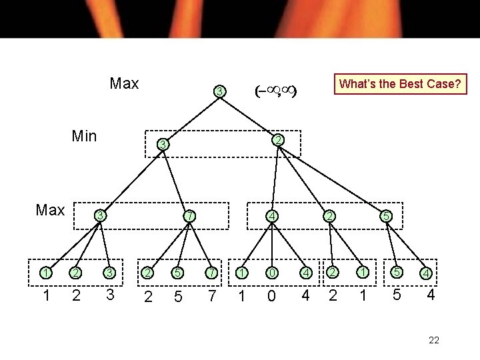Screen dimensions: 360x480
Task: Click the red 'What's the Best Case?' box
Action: point(400,84)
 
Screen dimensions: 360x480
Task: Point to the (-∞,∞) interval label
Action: point(275,90)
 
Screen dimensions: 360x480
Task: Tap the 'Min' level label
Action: point(84,137)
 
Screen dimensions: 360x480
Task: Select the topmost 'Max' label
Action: point(124,83)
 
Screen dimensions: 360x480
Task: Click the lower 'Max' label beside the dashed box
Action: point(50,211)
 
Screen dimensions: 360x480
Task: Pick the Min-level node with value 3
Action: point(162,145)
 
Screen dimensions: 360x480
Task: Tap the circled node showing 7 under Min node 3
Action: point(189,216)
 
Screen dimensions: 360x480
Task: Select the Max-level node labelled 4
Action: point(272,216)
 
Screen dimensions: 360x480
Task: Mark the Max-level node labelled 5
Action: point(385,216)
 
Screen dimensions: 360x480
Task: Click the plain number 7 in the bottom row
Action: point(210,295)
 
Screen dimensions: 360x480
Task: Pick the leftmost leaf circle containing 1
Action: point(45,272)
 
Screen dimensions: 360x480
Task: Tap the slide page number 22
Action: point(434,340)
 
